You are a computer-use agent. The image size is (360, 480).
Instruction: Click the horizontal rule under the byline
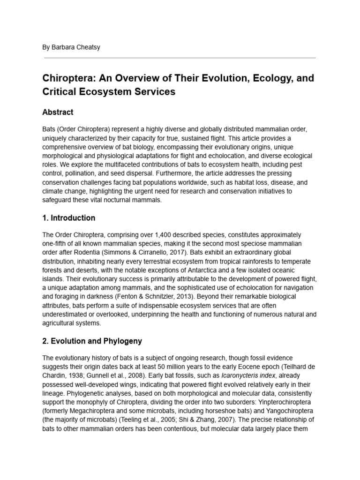pos(180,58)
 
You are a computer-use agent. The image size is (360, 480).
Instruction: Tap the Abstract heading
pos(58,112)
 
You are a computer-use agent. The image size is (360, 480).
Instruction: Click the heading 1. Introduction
pos(68,218)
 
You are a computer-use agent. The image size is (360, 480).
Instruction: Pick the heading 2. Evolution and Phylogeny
pos(92,341)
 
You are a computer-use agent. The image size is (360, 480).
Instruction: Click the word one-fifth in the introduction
pos(56,243)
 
